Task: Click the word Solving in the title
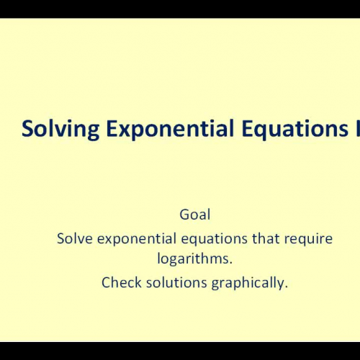click(x=52, y=130)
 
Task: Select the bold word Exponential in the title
click(x=146, y=130)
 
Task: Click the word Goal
click(x=194, y=214)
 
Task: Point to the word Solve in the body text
click(x=74, y=238)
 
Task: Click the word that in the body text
click(x=266, y=238)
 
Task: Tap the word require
click(x=310, y=238)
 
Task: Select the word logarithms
click(x=194, y=258)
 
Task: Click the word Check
click(x=120, y=282)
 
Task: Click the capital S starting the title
click(x=27, y=130)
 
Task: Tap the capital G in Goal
click(x=183, y=214)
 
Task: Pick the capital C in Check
click(x=106, y=282)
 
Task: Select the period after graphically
click(x=286, y=286)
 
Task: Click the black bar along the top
click(x=180, y=9)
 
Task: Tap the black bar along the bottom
click(x=180, y=351)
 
